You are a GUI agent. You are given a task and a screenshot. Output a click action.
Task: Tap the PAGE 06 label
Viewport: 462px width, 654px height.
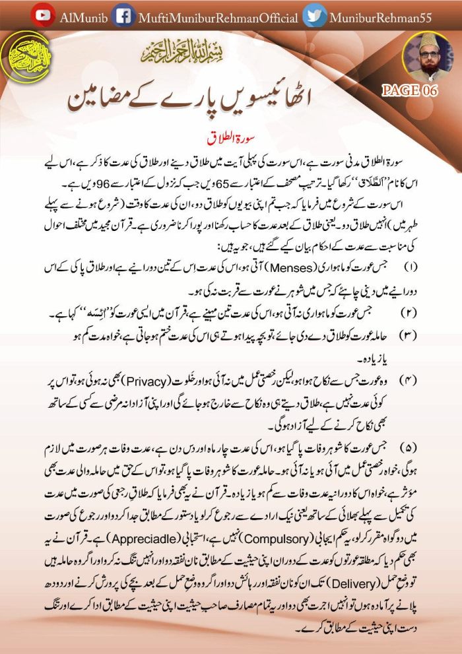(409, 91)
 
